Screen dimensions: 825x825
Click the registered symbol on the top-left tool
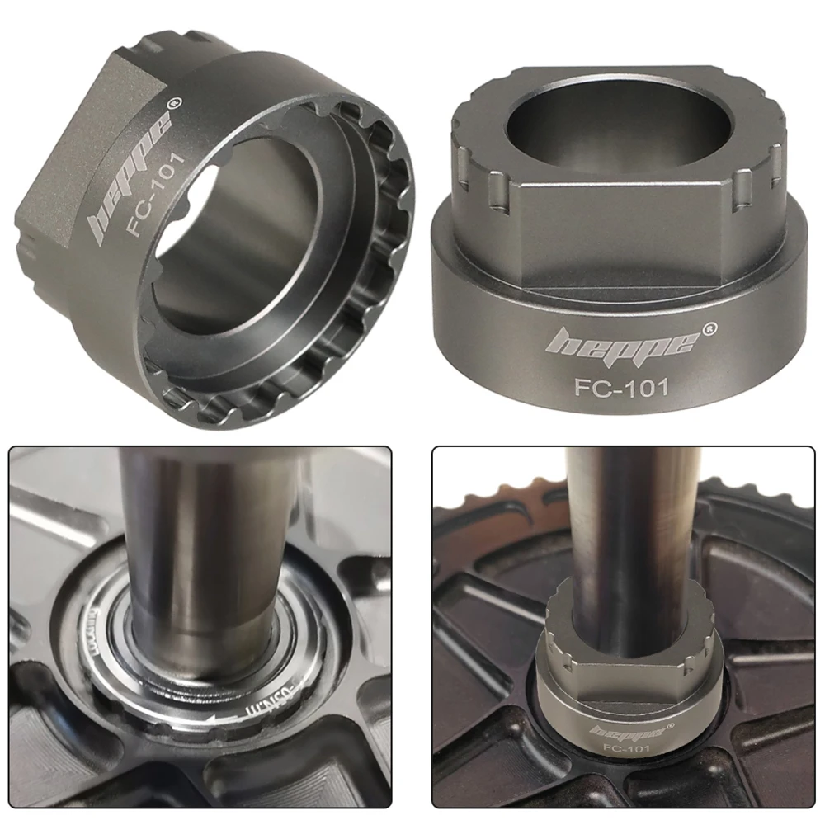(x=173, y=104)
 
